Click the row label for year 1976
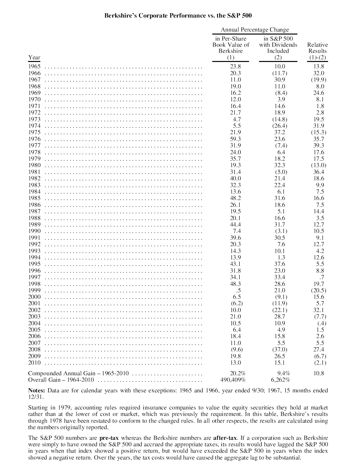coord(35,139)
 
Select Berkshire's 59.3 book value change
coord(235,139)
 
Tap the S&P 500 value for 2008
coord(278,350)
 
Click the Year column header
coord(34,57)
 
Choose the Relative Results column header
coord(317,51)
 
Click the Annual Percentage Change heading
coord(255,30)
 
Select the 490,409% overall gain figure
coord(233,380)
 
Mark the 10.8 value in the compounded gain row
coord(319,373)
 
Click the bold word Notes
coord(36,391)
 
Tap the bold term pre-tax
coord(109,438)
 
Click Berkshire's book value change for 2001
coord(235,303)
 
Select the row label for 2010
coord(35,363)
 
